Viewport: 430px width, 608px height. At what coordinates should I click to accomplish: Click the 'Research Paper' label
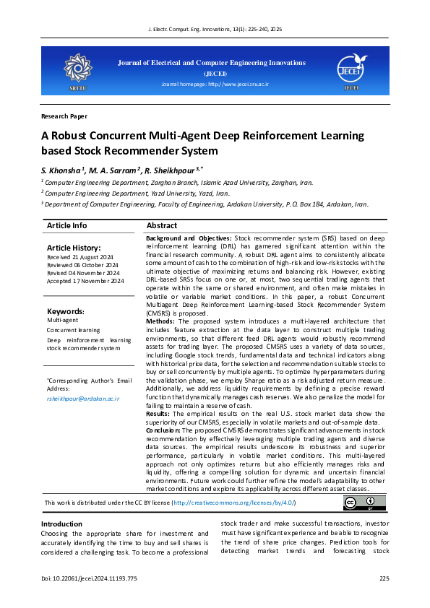tap(64, 116)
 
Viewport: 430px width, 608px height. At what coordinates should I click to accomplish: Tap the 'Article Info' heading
tap(66, 226)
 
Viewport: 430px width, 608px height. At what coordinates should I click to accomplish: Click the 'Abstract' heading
tap(162, 226)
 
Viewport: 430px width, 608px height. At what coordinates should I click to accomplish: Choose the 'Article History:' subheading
tap(74, 248)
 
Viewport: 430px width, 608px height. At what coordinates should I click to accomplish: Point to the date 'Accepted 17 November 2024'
tap(85, 282)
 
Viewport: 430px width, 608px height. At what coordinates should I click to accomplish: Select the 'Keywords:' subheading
tap(66, 311)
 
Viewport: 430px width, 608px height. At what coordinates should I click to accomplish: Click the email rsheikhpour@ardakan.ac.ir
tap(82, 398)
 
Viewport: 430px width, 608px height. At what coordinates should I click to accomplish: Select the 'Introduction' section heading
tap(61, 524)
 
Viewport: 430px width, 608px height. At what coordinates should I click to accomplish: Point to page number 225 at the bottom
tap(384, 579)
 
